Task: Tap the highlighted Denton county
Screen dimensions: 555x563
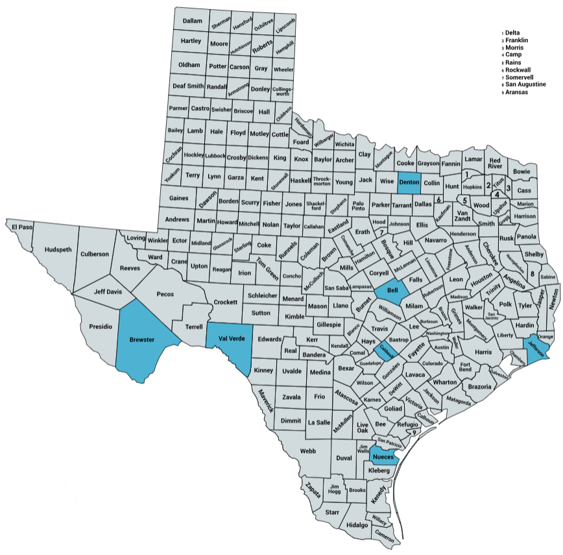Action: coord(409,182)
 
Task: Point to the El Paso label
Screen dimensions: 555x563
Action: coord(21,227)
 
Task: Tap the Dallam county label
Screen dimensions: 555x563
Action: coord(192,21)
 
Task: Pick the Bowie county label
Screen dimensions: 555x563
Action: coord(521,171)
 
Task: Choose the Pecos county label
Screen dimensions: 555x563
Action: coord(165,293)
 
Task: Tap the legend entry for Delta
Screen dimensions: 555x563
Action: coord(512,32)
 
